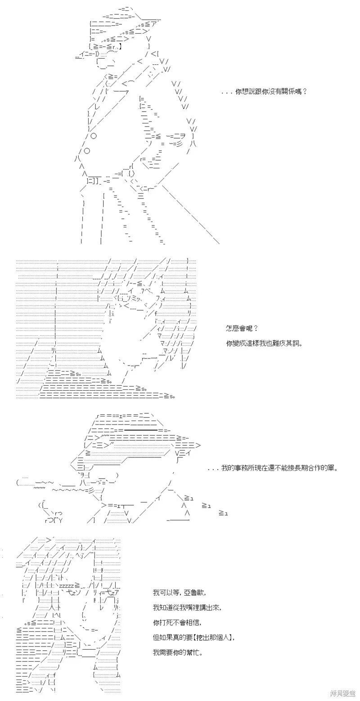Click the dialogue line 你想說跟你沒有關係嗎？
click(x=271, y=92)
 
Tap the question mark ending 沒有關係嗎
click(x=305, y=92)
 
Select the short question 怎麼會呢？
click(x=242, y=328)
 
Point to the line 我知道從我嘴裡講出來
click(x=187, y=607)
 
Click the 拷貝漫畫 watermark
click(x=343, y=693)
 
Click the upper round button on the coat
click(x=93, y=136)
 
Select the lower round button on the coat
click(x=87, y=151)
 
